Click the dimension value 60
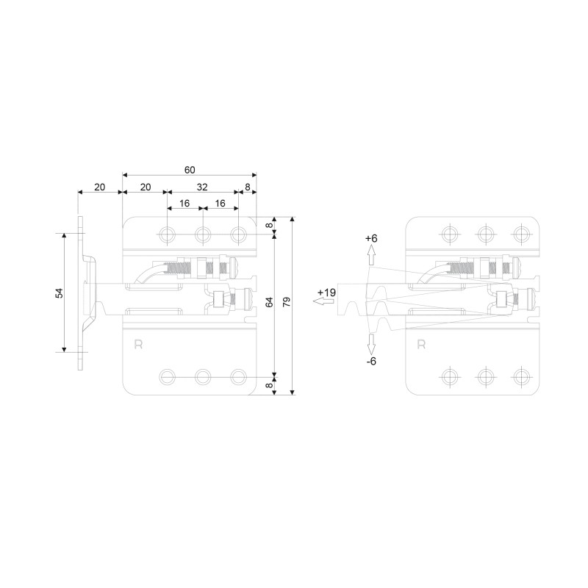point(190,170)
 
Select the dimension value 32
point(202,187)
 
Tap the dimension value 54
point(60,293)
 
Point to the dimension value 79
point(287,302)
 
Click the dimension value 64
point(269,302)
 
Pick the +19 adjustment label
point(326,293)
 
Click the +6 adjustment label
point(371,238)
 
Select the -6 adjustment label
point(371,361)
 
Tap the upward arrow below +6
point(371,255)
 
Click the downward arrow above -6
point(371,344)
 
